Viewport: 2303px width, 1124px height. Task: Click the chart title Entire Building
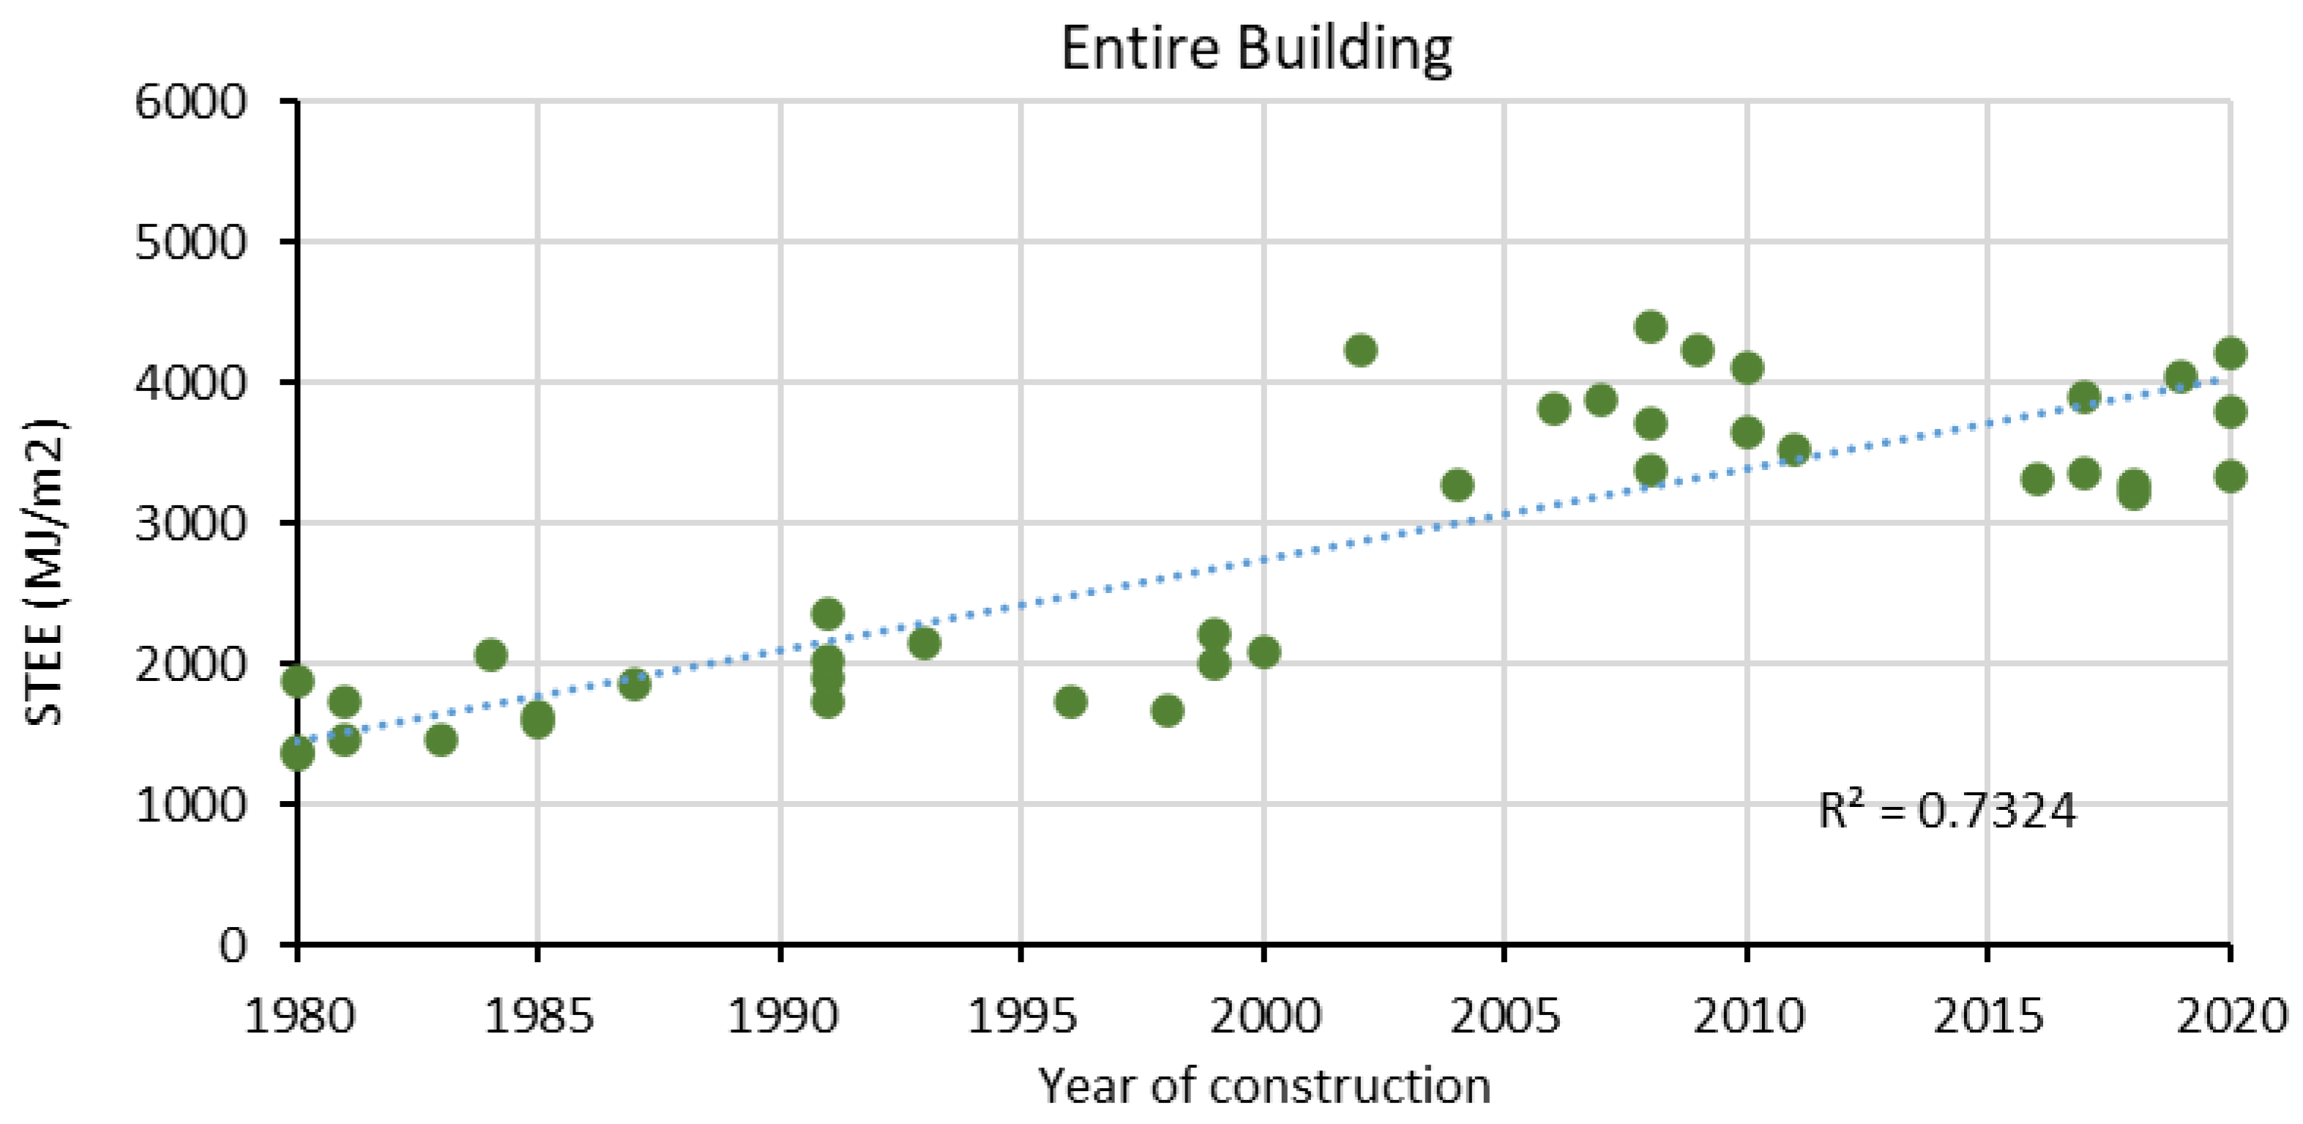click(1256, 48)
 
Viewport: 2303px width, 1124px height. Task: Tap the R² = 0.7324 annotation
click(1947, 812)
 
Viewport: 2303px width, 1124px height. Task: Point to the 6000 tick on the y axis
click(190, 102)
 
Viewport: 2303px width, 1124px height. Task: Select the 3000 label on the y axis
click(190, 523)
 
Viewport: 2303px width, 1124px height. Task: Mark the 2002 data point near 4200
click(1360, 349)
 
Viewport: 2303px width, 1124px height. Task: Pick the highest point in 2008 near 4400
click(1650, 327)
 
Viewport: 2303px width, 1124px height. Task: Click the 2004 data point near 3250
click(1457, 485)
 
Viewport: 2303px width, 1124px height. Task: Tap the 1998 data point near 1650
click(1167, 710)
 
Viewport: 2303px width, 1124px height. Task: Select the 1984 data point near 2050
click(490, 655)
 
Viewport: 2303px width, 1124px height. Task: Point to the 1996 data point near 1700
click(1070, 702)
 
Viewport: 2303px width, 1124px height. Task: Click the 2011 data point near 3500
click(1794, 450)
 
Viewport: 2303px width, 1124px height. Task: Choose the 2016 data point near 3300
click(2037, 480)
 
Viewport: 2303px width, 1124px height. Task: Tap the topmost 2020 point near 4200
click(2230, 352)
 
